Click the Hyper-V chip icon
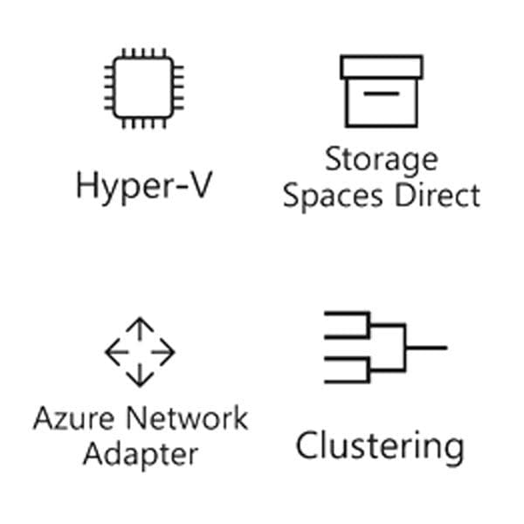coord(144,88)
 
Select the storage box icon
coord(382,91)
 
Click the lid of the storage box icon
coord(382,67)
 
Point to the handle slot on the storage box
coord(382,93)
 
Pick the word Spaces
coord(333,197)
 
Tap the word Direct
coord(438,195)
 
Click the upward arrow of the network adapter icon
coord(140,329)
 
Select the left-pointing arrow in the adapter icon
coord(117,352)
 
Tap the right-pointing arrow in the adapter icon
coord(162,352)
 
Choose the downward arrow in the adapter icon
coord(140,375)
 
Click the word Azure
coord(74,418)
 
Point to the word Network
coord(187,417)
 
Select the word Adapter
coord(141,456)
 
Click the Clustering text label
coord(380,447)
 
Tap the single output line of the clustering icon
coord(426,348)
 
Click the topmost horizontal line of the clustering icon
coord(347,314)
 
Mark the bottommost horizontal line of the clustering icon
coord(347,382)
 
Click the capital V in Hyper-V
coord(198,185)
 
